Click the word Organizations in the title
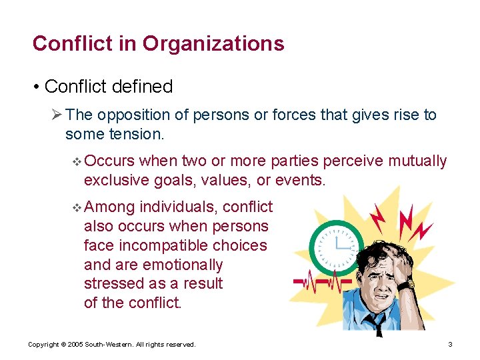[x=213, y=44]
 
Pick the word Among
[x=110, y=207]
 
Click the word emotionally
[x=179, y=264]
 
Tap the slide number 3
[x=451, y=344]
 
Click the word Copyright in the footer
[x=44, y=344]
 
